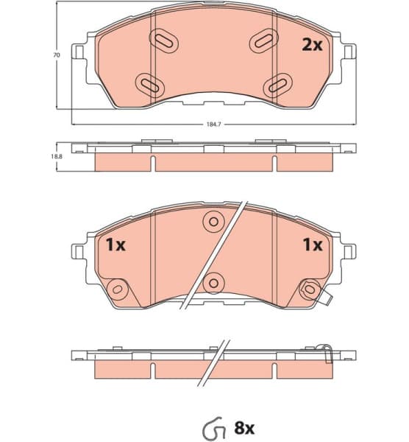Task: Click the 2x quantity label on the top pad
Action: [313, 45]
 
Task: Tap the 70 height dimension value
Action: [55, 55]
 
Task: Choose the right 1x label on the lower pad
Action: [313, 245]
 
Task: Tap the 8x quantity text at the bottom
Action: [243, 427]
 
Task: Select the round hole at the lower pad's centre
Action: [213, 281]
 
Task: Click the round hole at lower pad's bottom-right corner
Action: [309, 289]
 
